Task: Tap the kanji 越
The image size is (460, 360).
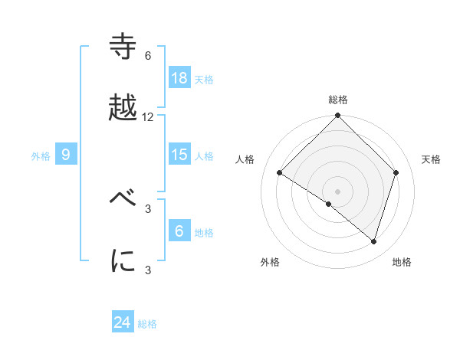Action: coord(123,109)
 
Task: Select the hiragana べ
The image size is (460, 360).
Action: coord(123,201)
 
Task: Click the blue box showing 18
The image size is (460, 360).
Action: coord(179,78)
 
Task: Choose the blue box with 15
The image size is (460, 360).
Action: coord(179,155)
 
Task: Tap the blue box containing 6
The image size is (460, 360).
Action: coord(179,231)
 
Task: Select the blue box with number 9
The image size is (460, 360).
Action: coord(66,155)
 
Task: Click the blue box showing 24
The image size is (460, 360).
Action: coord(123,322)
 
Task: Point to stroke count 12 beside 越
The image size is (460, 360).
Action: coord(148,117)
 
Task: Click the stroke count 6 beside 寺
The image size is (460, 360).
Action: coord(148,56)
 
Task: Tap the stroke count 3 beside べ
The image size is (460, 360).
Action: coord(148,208)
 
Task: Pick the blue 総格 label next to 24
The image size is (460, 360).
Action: coord(147,324)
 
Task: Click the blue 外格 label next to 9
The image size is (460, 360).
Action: coord(41,155)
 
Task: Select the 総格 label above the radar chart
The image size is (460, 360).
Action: coord(338,100)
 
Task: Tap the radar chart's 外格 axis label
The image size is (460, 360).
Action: coord(270,262)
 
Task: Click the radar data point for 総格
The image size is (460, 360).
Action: coord(338,116)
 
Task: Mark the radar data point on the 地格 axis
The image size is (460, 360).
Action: coord(374,241)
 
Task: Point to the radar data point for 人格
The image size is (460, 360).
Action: coord(280,172)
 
